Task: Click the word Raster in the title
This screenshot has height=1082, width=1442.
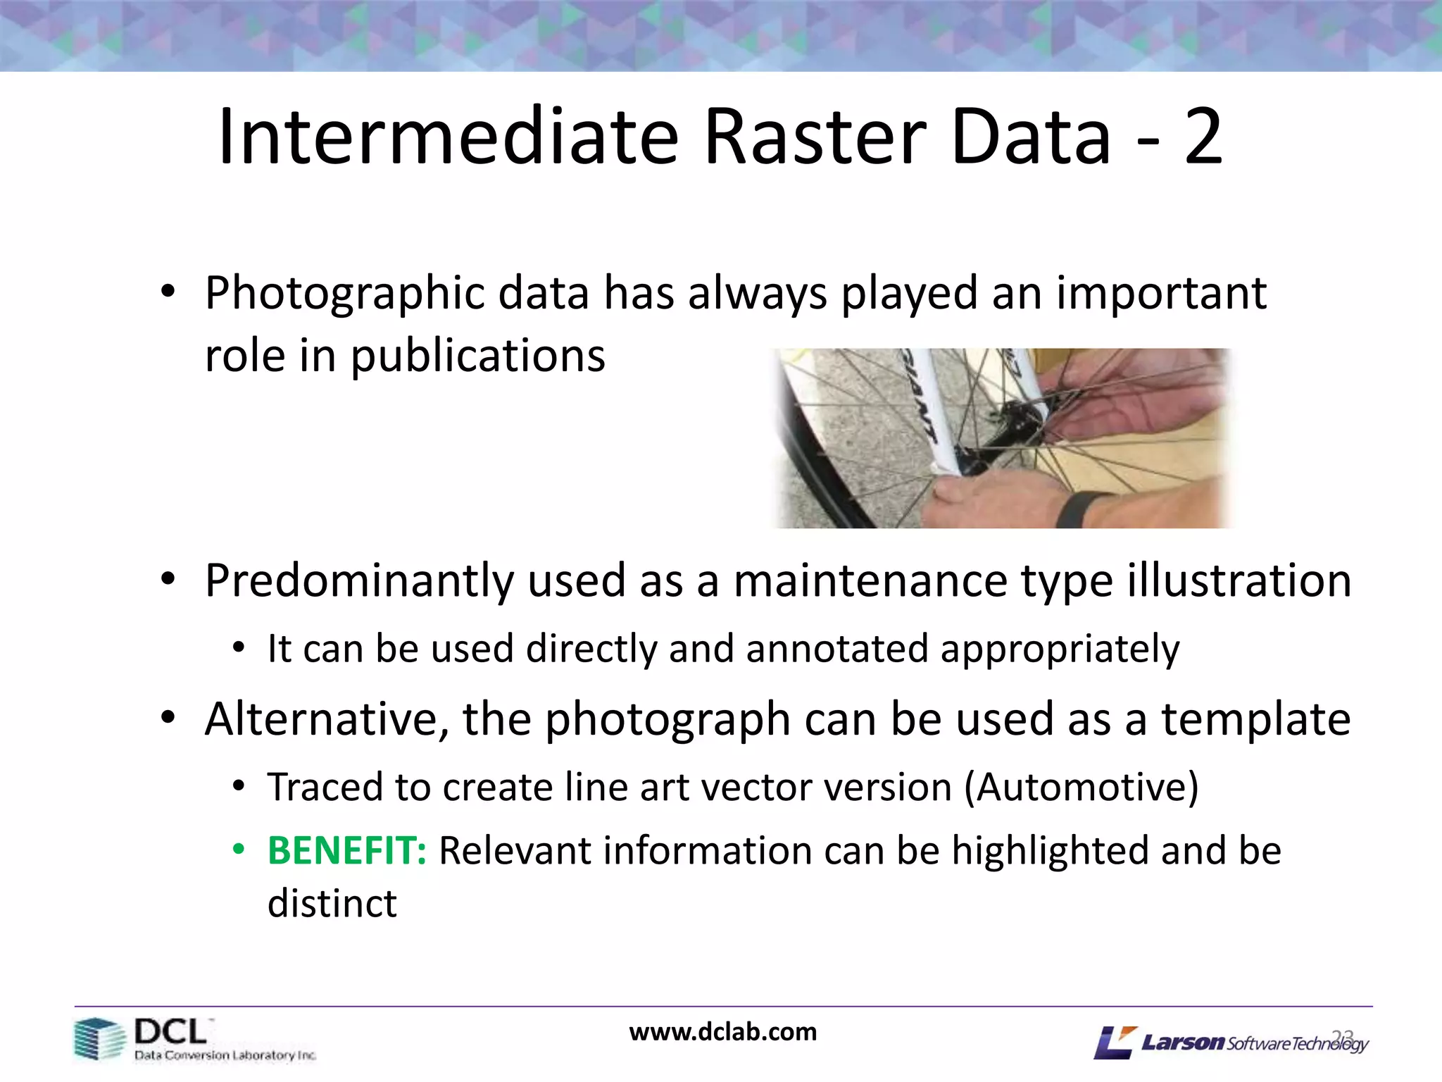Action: tap(817, 137)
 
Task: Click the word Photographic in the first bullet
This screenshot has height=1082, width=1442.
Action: tap(344, 294)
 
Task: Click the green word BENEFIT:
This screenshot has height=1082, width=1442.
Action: tap(346, 850)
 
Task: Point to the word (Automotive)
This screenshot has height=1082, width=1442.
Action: tap(1081, 788)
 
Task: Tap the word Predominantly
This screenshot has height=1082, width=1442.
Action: tap(359, 582)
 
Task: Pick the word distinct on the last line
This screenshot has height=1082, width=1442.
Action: tap(332, 904)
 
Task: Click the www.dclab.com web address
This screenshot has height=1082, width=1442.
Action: tap(722, 1032)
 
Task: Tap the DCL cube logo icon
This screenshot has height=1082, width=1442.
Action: tap(99, 1038)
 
